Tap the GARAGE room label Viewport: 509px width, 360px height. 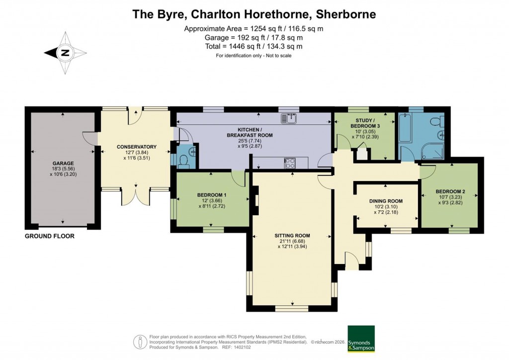point(63,163)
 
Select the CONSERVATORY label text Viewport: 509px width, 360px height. point(137,147)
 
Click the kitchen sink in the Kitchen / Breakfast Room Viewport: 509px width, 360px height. point(288,118)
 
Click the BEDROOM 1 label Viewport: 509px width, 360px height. point(212,194)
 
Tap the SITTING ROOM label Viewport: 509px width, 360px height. point(292,236)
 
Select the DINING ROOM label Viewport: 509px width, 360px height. point(386,201)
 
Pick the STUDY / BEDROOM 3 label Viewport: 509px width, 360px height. point(368,123)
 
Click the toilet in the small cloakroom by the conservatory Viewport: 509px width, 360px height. point(183,160)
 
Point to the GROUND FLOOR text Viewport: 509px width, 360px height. point(50,236)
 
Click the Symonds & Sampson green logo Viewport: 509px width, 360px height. point(361,339)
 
